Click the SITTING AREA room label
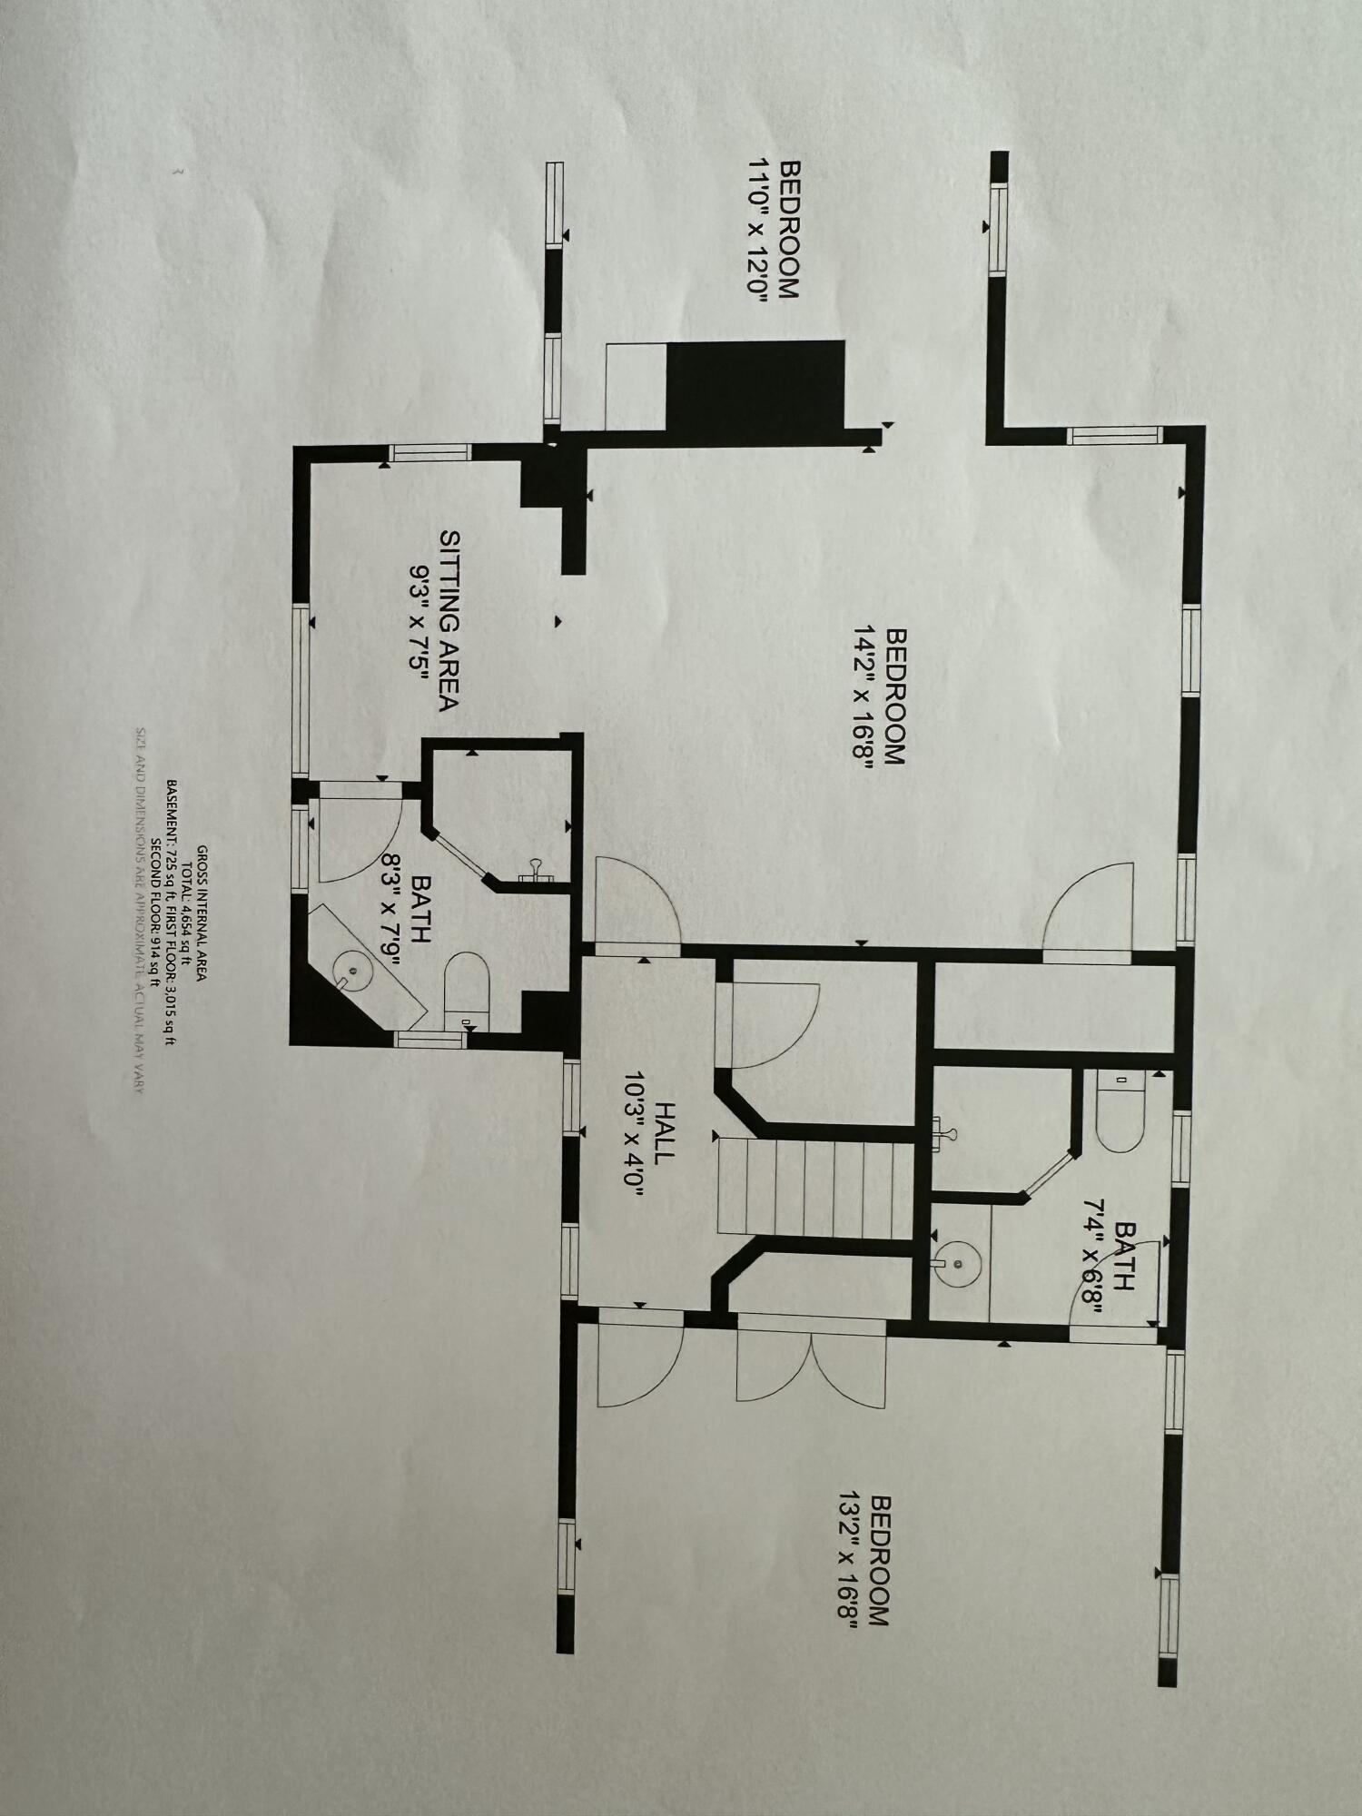[x=450, y=620]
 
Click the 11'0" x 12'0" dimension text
[x=758, y=230]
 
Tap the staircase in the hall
[x=813, y=1189]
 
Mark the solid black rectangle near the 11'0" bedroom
[x=755, y=385]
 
